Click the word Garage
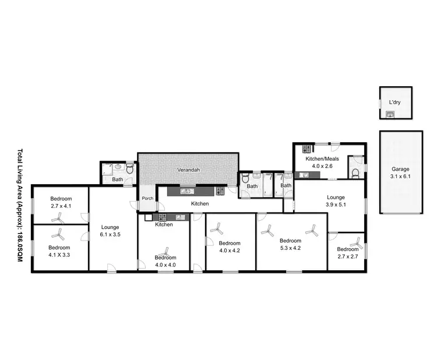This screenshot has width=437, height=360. coord(400,169)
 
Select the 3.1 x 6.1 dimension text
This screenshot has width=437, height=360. coord(400,177)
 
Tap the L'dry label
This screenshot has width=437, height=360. coord(394,103)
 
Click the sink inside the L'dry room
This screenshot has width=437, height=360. coord(390,115)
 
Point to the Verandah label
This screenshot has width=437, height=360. coord(188,170)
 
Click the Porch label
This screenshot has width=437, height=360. coord(147,198)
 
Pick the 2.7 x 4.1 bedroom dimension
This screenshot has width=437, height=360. coord(59,206)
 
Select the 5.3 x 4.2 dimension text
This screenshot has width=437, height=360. coord(290,248)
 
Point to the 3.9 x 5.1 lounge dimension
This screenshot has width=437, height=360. coord(335,204)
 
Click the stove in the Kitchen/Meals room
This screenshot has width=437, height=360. coord(305,149)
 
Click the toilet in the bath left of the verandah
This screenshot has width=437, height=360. coord(130,170)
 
